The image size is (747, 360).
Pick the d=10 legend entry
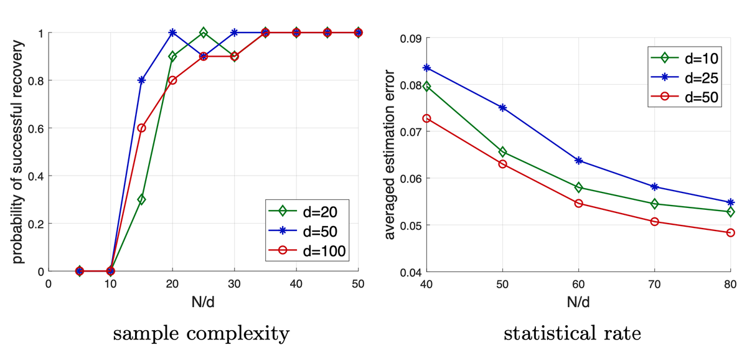click(x=688, y=59)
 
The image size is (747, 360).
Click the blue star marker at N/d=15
click(x=141, y=80)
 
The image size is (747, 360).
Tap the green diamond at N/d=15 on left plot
click(x=141, y=200)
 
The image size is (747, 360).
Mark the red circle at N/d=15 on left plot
click(x=141, y=128)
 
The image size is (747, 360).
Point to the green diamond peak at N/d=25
click(x=204, y=32)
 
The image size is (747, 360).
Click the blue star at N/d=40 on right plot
click(x=427, y=67)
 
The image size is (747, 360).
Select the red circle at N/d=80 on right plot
click(x=731, y=233)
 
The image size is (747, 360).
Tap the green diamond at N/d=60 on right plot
click(x=579, y=187)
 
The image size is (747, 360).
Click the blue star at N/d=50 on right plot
click(x=503, y=108)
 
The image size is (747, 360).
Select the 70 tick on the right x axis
click(x=655, y=284)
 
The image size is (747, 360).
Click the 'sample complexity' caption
click(x=200, y=334)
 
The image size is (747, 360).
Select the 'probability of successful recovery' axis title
click(x=19, y=151)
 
